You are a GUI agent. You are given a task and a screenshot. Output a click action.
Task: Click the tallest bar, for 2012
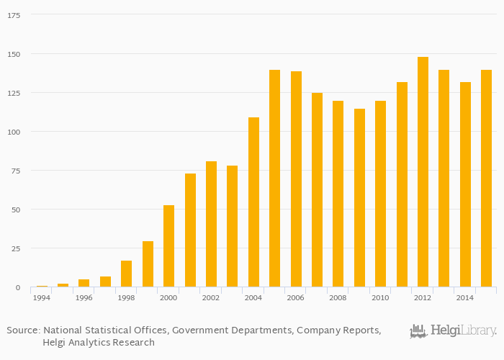point(423,172)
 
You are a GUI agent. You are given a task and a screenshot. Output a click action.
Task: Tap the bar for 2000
point(168,246)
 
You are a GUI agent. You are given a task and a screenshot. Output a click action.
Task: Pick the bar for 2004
point(253,202)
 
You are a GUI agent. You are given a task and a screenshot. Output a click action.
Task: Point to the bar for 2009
point(359,198)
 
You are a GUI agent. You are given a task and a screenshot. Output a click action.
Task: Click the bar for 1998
point(126,274)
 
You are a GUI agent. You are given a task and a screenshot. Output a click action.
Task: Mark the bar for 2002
point(211,224)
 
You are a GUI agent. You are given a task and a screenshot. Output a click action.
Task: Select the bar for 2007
point(317,190)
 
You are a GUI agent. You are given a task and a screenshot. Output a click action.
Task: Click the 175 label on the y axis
point(13,15)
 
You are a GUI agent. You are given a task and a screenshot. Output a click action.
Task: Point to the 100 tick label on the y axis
point(13,132)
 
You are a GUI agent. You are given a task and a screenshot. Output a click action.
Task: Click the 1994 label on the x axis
point(42,297)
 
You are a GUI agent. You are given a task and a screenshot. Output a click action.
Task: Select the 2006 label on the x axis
point(295,297)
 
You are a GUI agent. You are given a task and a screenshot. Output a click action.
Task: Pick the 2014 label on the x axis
point(464,297)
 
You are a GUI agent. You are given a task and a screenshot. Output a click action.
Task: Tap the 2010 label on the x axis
point(380,297)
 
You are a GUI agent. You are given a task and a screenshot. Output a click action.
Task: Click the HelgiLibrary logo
point(453,331)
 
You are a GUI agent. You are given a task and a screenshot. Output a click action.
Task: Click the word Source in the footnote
point(22,330)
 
